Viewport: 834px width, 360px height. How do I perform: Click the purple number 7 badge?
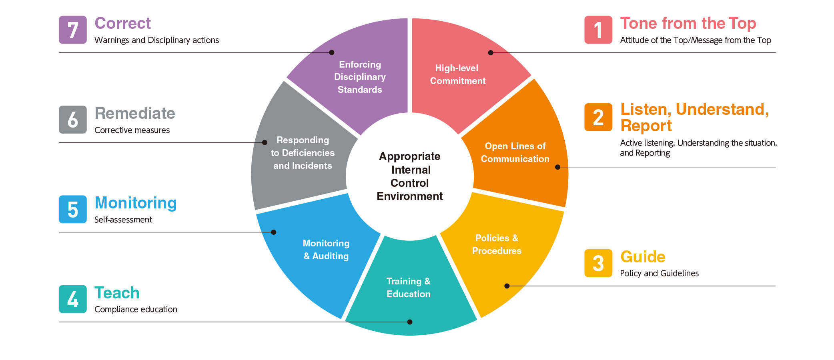[73, 30]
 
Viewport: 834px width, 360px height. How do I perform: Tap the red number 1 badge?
[598, 30]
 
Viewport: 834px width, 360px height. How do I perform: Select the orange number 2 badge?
[598, 117]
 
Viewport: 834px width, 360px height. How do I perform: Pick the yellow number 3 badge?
[598, 263]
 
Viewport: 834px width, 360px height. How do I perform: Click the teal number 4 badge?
[73, 299]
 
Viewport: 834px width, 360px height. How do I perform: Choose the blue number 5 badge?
[73, 209]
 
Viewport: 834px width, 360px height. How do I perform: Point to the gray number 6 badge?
[73, 120]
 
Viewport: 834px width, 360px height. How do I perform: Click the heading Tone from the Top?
[688, 23]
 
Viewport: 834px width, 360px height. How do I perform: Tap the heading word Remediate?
[135, 113]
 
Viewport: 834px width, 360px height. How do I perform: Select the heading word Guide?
[643, 257]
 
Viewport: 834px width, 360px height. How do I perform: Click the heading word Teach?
[117, 293]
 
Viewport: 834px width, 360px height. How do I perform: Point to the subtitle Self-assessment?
[123, 220]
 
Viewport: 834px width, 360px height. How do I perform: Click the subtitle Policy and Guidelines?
[659, 273]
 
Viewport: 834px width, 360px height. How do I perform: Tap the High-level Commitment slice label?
[457, 74]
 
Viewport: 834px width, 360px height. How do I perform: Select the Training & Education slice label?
[409, 288]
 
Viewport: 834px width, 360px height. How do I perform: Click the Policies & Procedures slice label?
[497, 244]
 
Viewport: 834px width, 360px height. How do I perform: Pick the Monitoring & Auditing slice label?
[326, 250]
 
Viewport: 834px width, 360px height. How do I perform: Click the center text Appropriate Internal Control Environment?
[410, 176]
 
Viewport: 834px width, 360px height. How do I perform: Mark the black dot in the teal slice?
[410, 322]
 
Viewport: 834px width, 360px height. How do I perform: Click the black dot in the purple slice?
[332, 52]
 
